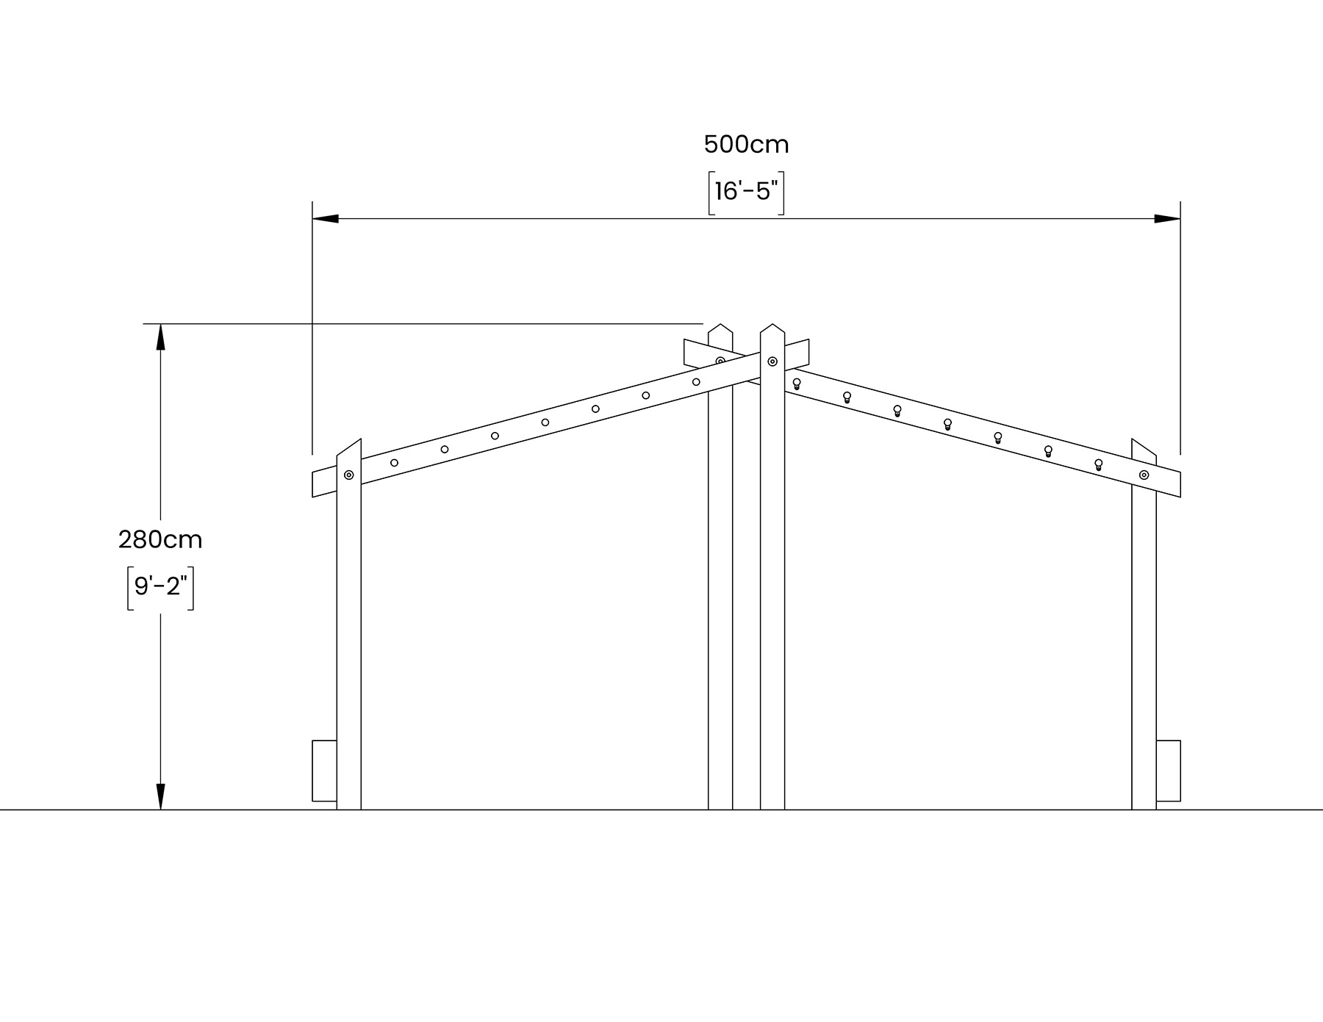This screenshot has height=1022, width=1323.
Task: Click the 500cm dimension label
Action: click(746, 145)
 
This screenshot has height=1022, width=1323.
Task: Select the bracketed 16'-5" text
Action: click(746, 192)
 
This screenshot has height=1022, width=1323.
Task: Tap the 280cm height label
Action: click(160, 540)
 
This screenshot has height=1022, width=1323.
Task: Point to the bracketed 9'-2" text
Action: click(160, 586)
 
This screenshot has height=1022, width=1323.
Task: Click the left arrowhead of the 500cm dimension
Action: click(325, 218)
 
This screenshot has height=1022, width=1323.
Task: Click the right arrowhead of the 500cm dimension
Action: click(1168, 218)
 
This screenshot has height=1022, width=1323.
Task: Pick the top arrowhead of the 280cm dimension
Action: click(160, 336)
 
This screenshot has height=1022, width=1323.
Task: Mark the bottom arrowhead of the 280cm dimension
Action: click(160, 797)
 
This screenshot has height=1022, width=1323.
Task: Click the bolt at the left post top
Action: click(349, 475)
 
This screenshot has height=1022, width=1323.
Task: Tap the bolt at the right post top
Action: click(1144, 475)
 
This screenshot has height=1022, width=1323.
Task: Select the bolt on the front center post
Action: click(772, 361)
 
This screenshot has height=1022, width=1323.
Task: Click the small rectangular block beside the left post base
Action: click(324, 771)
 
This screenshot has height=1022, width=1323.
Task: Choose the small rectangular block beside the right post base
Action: click(1169, 771)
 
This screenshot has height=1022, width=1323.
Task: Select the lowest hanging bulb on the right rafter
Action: click(1098, 464)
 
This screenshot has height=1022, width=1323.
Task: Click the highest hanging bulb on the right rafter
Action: click(797, 384)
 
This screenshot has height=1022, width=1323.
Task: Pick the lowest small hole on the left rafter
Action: click(394, 463)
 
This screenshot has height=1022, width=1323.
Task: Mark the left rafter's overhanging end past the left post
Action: click(324, 483)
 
